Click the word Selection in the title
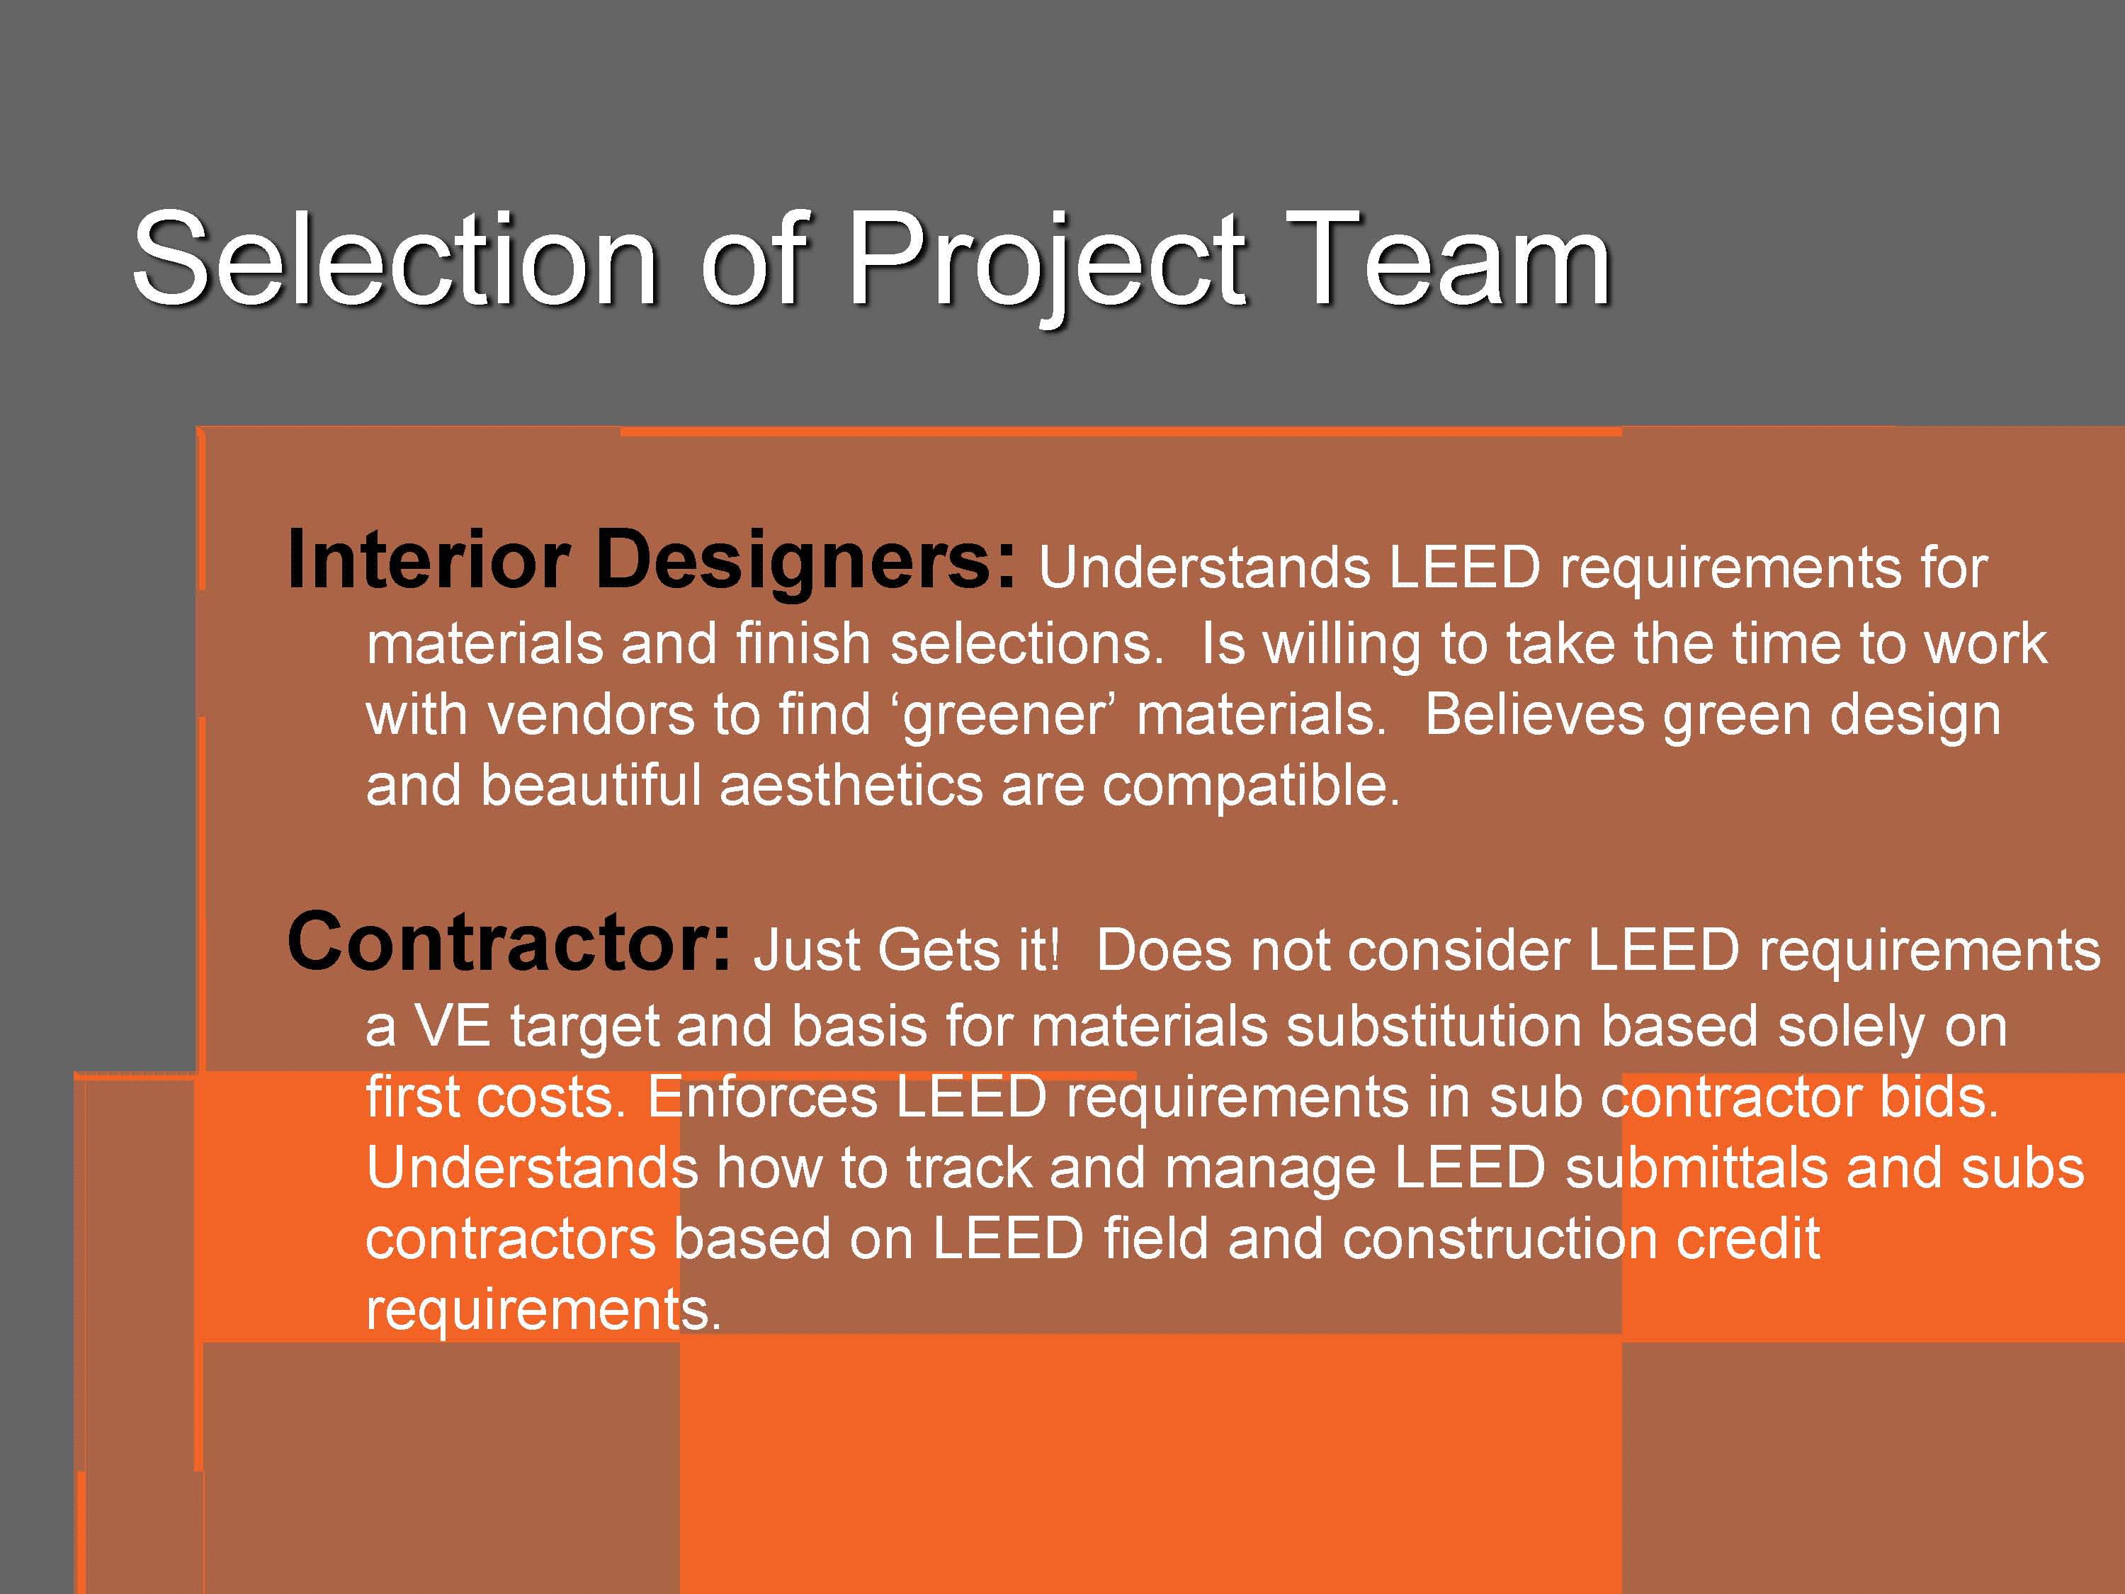click(395, 259)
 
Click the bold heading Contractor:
click(509, 942)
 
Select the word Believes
click(1534, 715)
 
